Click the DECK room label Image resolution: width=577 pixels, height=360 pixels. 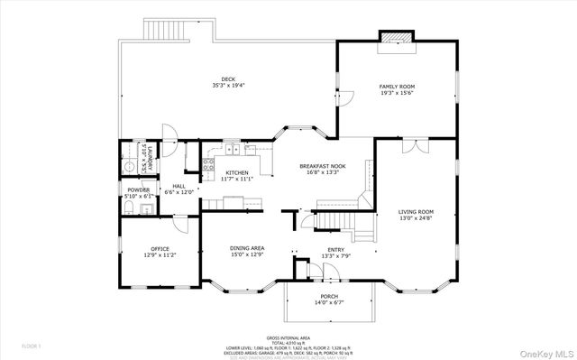228,79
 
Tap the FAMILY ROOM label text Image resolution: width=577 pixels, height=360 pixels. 397,87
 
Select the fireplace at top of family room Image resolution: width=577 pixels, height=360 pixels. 397,37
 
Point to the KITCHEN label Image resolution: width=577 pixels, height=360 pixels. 237,172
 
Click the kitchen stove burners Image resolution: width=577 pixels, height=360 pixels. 207,165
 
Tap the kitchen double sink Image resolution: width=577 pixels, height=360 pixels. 233,152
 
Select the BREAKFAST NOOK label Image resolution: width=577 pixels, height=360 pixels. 324,166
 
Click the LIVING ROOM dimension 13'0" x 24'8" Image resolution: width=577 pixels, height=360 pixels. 417,218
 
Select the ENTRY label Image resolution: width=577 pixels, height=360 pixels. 335,249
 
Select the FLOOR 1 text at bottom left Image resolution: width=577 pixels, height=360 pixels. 32,346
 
